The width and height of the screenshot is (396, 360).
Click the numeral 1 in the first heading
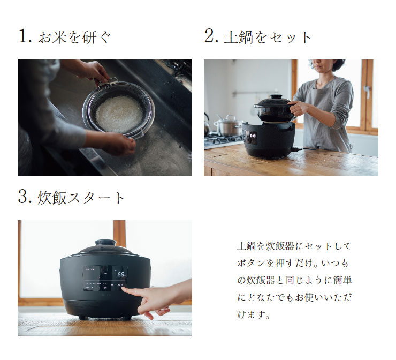(x=22, y=36)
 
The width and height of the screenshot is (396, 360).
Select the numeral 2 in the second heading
(x=210, y=36)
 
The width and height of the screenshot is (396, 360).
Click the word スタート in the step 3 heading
(x=96, y=198)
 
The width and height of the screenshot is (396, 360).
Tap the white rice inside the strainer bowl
(x=119, y=113)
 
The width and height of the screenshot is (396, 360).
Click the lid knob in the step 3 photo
(x=105, y=243)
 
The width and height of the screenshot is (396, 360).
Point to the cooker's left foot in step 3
(x=80, y=318)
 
